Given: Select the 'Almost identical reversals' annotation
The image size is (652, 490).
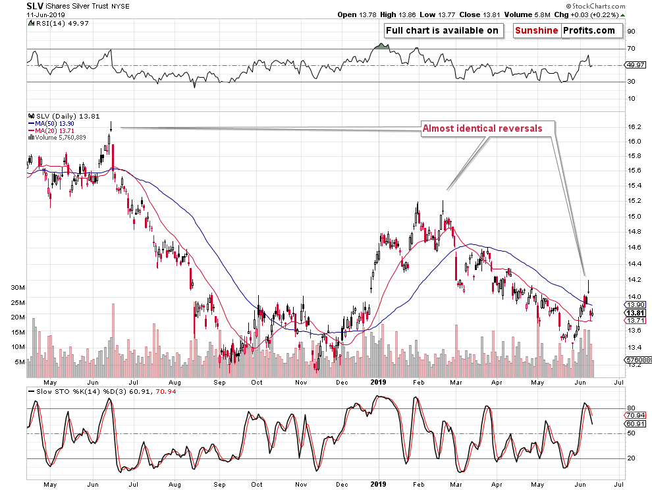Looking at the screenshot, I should (482, 128).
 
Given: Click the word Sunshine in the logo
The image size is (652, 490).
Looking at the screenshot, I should (537, 30).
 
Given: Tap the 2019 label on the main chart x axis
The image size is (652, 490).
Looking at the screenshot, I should (378, 381).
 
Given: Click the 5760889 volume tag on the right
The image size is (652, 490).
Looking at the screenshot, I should (636, 360).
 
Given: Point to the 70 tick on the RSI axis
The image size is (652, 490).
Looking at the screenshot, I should (630, 49).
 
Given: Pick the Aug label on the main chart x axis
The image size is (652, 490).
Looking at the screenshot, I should (175, 381).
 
